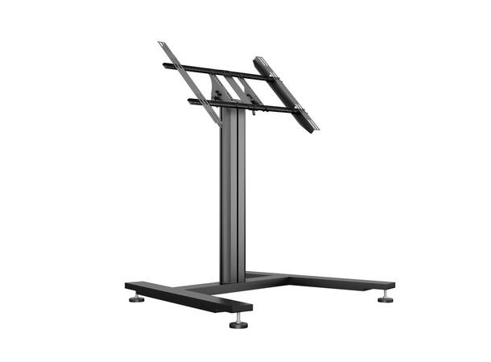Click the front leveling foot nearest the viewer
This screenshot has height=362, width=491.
pos(238,323)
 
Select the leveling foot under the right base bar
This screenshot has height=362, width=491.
pos(386,298)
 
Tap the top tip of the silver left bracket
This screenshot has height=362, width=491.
pos(162,44)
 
